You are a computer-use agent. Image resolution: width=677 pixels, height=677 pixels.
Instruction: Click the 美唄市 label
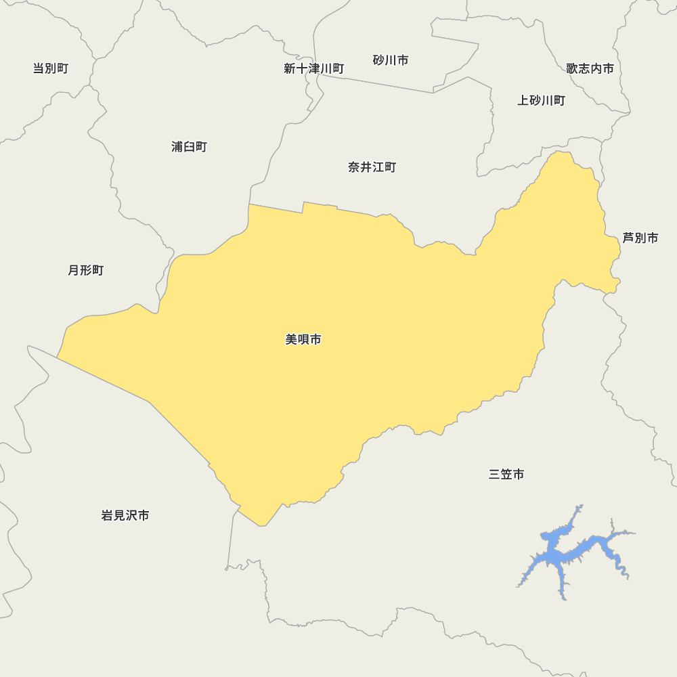pyautogui.click(x=303, y=340)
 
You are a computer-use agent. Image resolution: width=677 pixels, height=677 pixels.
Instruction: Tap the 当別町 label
pyautogui.click(x=51, y=68)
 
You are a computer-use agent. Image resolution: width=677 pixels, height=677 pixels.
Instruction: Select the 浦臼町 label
pyautogui.click(x=189, y=147)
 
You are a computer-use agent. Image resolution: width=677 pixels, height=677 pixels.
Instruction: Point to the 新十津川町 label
pyautogui.click(x=313, y=69)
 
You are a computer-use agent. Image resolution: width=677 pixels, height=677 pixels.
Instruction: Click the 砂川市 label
pyautogui.click(x=391, y=60)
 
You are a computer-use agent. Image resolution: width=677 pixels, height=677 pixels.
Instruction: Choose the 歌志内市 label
pyautogui.click(x=590, y=68)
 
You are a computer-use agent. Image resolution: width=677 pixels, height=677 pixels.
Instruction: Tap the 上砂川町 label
pyautogui.click(x=541, y=101)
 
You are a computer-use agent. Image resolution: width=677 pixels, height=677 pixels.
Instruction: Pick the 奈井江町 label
pyautogui.click(x=372, y=167)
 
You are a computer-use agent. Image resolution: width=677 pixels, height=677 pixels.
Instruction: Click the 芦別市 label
pyautogui.click(x=640, y=238)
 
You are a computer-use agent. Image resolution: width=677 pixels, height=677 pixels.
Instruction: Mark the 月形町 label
pyautogui.click(x=86, y=271)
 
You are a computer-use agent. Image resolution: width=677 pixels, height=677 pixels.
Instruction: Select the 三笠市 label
pyautogui.click(x=506, y=475)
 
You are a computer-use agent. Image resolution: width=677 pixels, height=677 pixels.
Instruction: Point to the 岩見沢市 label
pyautogui.click(x=125, y=516)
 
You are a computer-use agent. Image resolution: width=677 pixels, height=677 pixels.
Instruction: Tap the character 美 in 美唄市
pyautogui.click(x=292, y=340)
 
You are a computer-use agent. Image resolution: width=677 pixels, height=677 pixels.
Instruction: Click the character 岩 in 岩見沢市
pyautogui.click(x=107, y=516)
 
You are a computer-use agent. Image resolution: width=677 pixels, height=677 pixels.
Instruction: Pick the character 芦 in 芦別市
pyautogui.click(x=629, y=238)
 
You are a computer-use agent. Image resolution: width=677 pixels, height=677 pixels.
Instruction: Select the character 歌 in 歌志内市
pyautogui.click(x=573, y=68)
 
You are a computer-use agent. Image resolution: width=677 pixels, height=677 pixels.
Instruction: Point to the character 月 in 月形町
pyautogui.click(x=74, y=271)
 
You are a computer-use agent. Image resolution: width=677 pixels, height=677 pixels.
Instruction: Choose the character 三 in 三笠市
pyautogui.click(x=495, y=475)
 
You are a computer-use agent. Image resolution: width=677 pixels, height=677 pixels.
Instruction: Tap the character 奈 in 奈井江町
pyautogui.click(x=354, y=167)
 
